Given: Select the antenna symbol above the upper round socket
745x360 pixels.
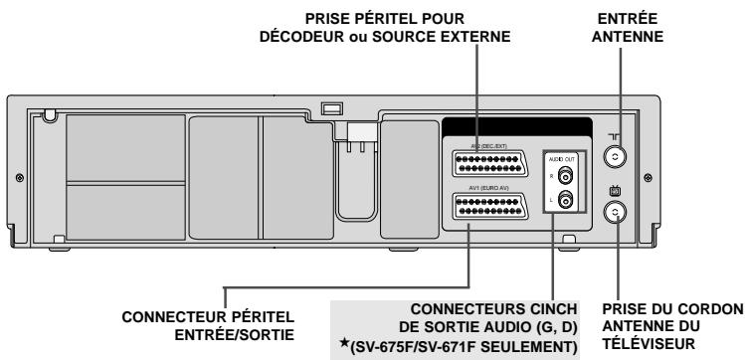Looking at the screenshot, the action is click(618, 133).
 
